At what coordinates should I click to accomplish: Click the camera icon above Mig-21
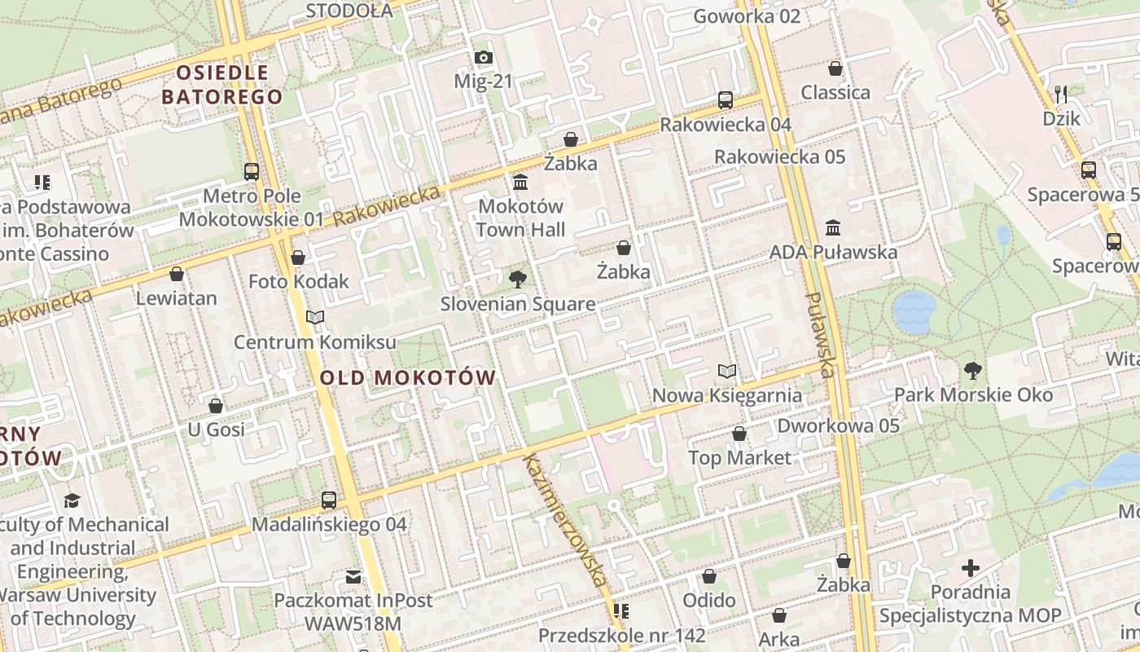pos(484,57)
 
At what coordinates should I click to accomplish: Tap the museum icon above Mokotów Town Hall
pos(520,181)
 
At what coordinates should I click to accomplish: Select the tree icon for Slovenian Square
pos(517,280)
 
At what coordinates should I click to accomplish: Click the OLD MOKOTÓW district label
pos(408,377)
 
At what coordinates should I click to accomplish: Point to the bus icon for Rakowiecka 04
pos(725,100)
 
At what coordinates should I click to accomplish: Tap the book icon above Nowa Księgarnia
pos(727,372)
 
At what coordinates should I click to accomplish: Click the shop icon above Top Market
pos(739,434)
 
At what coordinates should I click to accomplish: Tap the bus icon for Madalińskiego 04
pos(329,500)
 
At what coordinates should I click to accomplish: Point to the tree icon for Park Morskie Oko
pos(972,371)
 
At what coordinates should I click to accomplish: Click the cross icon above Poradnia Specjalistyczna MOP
pos(970,568)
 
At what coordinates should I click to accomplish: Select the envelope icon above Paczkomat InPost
pos(353,577)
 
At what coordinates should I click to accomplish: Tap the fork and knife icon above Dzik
pos(1061,94)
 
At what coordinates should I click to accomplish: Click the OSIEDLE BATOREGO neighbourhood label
pos(222,85)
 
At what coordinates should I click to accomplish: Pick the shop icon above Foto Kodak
pos(298,258)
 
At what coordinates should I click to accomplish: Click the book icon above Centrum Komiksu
pos(315,317)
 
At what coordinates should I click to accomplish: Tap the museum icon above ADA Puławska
pos(833,227)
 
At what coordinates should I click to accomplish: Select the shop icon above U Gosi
pos(216,405)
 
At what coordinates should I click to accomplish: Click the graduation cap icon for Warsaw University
pos(72,500)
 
